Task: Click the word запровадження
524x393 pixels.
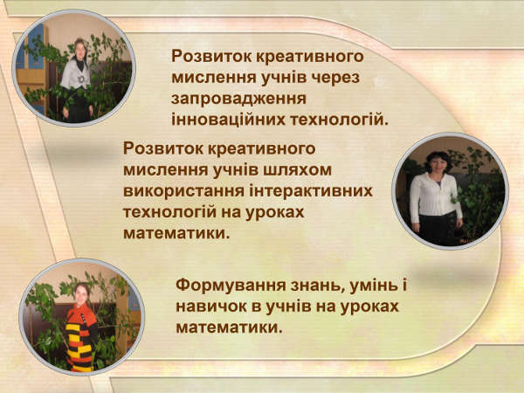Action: click(x=238, y=100)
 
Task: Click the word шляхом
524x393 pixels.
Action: click(x=298, y=170)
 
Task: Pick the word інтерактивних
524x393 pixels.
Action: click(x=311, y=191)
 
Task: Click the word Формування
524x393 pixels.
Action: click(x=231, y=286)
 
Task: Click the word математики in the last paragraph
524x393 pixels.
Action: click(x=229, y=327)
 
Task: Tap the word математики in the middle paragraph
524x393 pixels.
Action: click(x=176, y=233)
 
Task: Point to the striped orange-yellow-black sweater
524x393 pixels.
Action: click(x=81, y=337)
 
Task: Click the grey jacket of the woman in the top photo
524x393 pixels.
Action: click(x=75, y=75)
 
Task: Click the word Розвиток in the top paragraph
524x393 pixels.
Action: click(x=211, y=57)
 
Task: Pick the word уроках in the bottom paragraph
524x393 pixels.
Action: click(x=369, y=307)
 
